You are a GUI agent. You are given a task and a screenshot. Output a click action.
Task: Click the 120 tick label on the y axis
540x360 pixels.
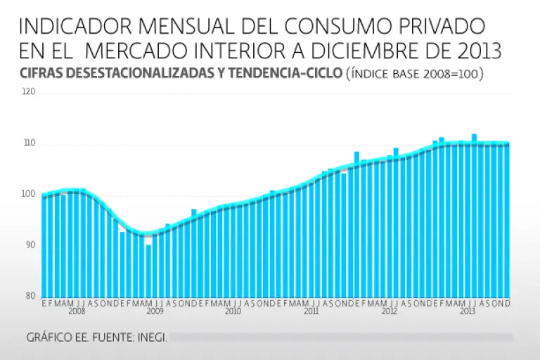(x=30, y=93)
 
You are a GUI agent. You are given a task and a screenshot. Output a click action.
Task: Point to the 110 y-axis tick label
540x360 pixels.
(x=30, y=143)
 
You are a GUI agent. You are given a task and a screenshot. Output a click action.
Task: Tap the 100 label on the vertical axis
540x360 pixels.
(x=30, y=194)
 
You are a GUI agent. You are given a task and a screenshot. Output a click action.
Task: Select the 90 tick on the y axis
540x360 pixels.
(x=30, y=245)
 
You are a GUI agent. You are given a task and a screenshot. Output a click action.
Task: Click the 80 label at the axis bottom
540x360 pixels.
(x=30, y=295)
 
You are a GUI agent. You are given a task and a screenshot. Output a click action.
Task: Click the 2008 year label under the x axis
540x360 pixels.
(x=77, y=310)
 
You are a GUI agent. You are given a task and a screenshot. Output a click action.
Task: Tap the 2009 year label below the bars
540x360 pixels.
(x=155, y=310)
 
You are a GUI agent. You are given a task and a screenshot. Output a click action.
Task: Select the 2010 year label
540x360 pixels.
(x=233, y=310)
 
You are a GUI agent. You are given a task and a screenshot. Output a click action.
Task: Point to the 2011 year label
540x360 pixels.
(x=311, y=310)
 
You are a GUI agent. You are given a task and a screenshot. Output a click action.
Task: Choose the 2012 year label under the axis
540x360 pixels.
(x=389, y=310)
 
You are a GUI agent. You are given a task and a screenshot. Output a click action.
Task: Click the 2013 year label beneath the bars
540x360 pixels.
(x=468, y=310)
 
